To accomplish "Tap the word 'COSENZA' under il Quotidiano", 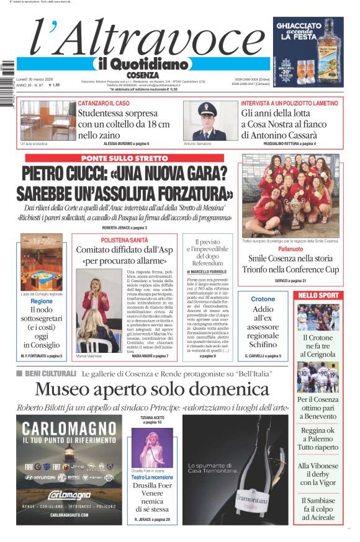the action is click(142, 75).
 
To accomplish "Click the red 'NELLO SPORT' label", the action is click(318, 295).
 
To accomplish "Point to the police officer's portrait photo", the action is click(211, 120).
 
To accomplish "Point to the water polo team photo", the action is click(290, 195).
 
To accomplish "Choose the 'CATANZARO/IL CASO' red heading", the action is click(104, 103).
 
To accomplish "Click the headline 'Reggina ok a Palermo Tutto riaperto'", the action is click(318, 438).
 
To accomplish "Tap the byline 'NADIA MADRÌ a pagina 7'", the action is click(150, 356).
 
